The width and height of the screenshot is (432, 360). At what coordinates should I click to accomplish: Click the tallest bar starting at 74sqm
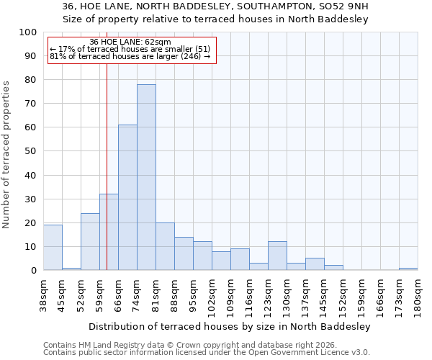(146, 177)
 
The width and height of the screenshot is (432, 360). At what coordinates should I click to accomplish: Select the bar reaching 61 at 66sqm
(127, 197)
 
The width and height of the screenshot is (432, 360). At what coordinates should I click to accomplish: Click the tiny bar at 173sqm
(408, 269)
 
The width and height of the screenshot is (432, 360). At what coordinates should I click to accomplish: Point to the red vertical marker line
(107, 180)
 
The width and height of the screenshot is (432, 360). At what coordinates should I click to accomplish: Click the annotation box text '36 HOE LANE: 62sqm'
(130, 42)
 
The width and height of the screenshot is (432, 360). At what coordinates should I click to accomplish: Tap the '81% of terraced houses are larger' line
(130, 56)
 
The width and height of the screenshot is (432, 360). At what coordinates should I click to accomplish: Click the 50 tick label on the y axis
(31, 151)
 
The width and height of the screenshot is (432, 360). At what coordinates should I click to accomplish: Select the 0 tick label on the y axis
(34, 271)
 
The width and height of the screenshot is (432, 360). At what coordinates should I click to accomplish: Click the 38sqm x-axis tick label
(43, 295)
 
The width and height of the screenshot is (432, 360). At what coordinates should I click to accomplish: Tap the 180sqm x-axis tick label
(418, 295)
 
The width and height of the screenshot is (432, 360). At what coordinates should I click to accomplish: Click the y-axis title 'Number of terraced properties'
(7, 154)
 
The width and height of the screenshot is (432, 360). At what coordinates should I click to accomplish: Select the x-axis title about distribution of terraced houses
(230, 326)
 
